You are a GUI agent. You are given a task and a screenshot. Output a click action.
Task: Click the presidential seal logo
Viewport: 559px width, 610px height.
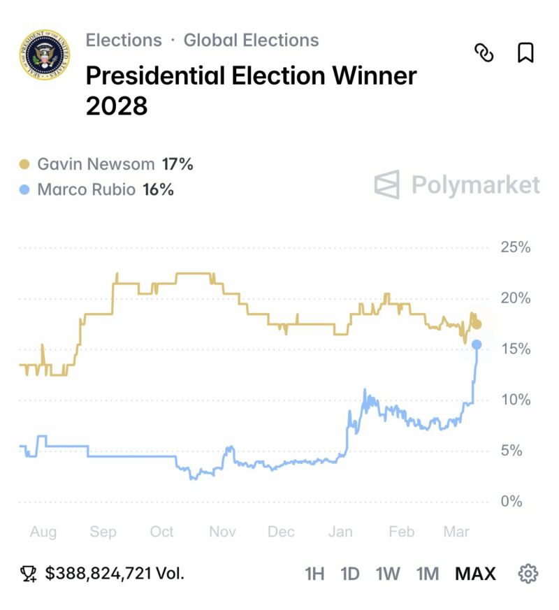point(45,55)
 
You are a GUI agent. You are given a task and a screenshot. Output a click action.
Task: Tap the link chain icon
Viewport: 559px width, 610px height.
point(484,52)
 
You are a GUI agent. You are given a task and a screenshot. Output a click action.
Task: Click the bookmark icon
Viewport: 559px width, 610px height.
point(525,52)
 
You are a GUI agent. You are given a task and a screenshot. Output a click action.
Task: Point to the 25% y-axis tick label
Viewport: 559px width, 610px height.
point(515,247)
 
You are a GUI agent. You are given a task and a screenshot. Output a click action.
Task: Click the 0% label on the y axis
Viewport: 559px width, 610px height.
point(511,502)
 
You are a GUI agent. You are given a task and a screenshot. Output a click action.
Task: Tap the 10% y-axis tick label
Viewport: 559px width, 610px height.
point(515,400)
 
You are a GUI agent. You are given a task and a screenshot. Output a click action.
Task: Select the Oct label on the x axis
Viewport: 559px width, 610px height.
point(162,532)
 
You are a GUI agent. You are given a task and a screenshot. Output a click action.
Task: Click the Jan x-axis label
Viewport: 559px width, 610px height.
point(340,532)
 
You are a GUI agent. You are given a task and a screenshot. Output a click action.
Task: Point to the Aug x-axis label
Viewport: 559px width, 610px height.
point(43,532)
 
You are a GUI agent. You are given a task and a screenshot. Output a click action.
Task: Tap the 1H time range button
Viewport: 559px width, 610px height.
point(314,574)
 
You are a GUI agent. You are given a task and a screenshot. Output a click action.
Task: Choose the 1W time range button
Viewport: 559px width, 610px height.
point(388,574)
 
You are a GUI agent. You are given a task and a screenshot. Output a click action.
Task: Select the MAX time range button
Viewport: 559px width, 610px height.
point(475,574)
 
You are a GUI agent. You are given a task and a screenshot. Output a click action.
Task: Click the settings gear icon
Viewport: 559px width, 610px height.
point(528,574)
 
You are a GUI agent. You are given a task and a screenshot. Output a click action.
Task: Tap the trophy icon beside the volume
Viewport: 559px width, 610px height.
point(29,574)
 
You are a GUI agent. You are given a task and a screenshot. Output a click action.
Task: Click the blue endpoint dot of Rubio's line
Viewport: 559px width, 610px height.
point(477,344)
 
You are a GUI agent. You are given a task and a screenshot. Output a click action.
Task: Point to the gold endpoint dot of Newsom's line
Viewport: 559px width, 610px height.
point(477,324)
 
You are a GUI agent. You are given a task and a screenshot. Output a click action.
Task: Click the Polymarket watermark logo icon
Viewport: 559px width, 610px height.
point(387,185)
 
